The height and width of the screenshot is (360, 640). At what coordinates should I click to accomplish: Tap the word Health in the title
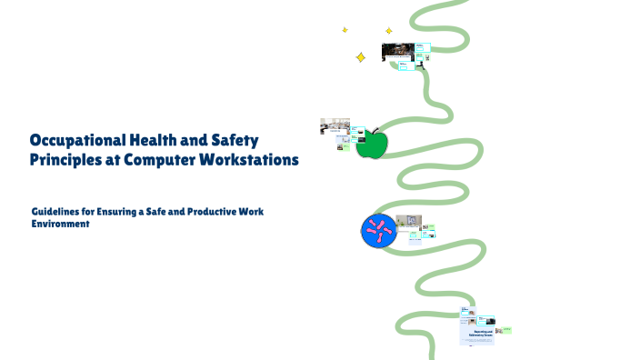tap(151, 141)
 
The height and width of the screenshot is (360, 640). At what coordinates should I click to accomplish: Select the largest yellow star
tap(360, 57)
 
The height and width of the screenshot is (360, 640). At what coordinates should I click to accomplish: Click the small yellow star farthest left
tap(345, 30)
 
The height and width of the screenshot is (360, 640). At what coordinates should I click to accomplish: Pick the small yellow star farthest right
tap(389, 31)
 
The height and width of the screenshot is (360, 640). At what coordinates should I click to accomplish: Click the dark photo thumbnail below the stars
tap(396, 51)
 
